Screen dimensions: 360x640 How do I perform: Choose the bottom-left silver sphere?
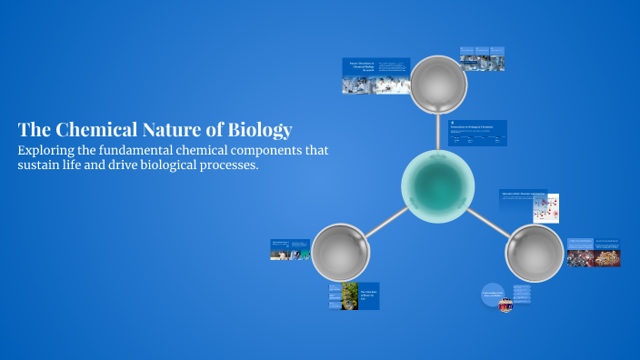[341, 253]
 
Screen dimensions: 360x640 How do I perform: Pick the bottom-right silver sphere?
[535, 253]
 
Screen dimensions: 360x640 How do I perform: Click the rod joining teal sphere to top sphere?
[438, 132]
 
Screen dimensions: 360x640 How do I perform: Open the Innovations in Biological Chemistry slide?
[478, 133]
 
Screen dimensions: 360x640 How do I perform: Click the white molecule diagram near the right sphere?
[545, 208]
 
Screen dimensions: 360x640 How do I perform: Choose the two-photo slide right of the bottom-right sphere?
[594, 252]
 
